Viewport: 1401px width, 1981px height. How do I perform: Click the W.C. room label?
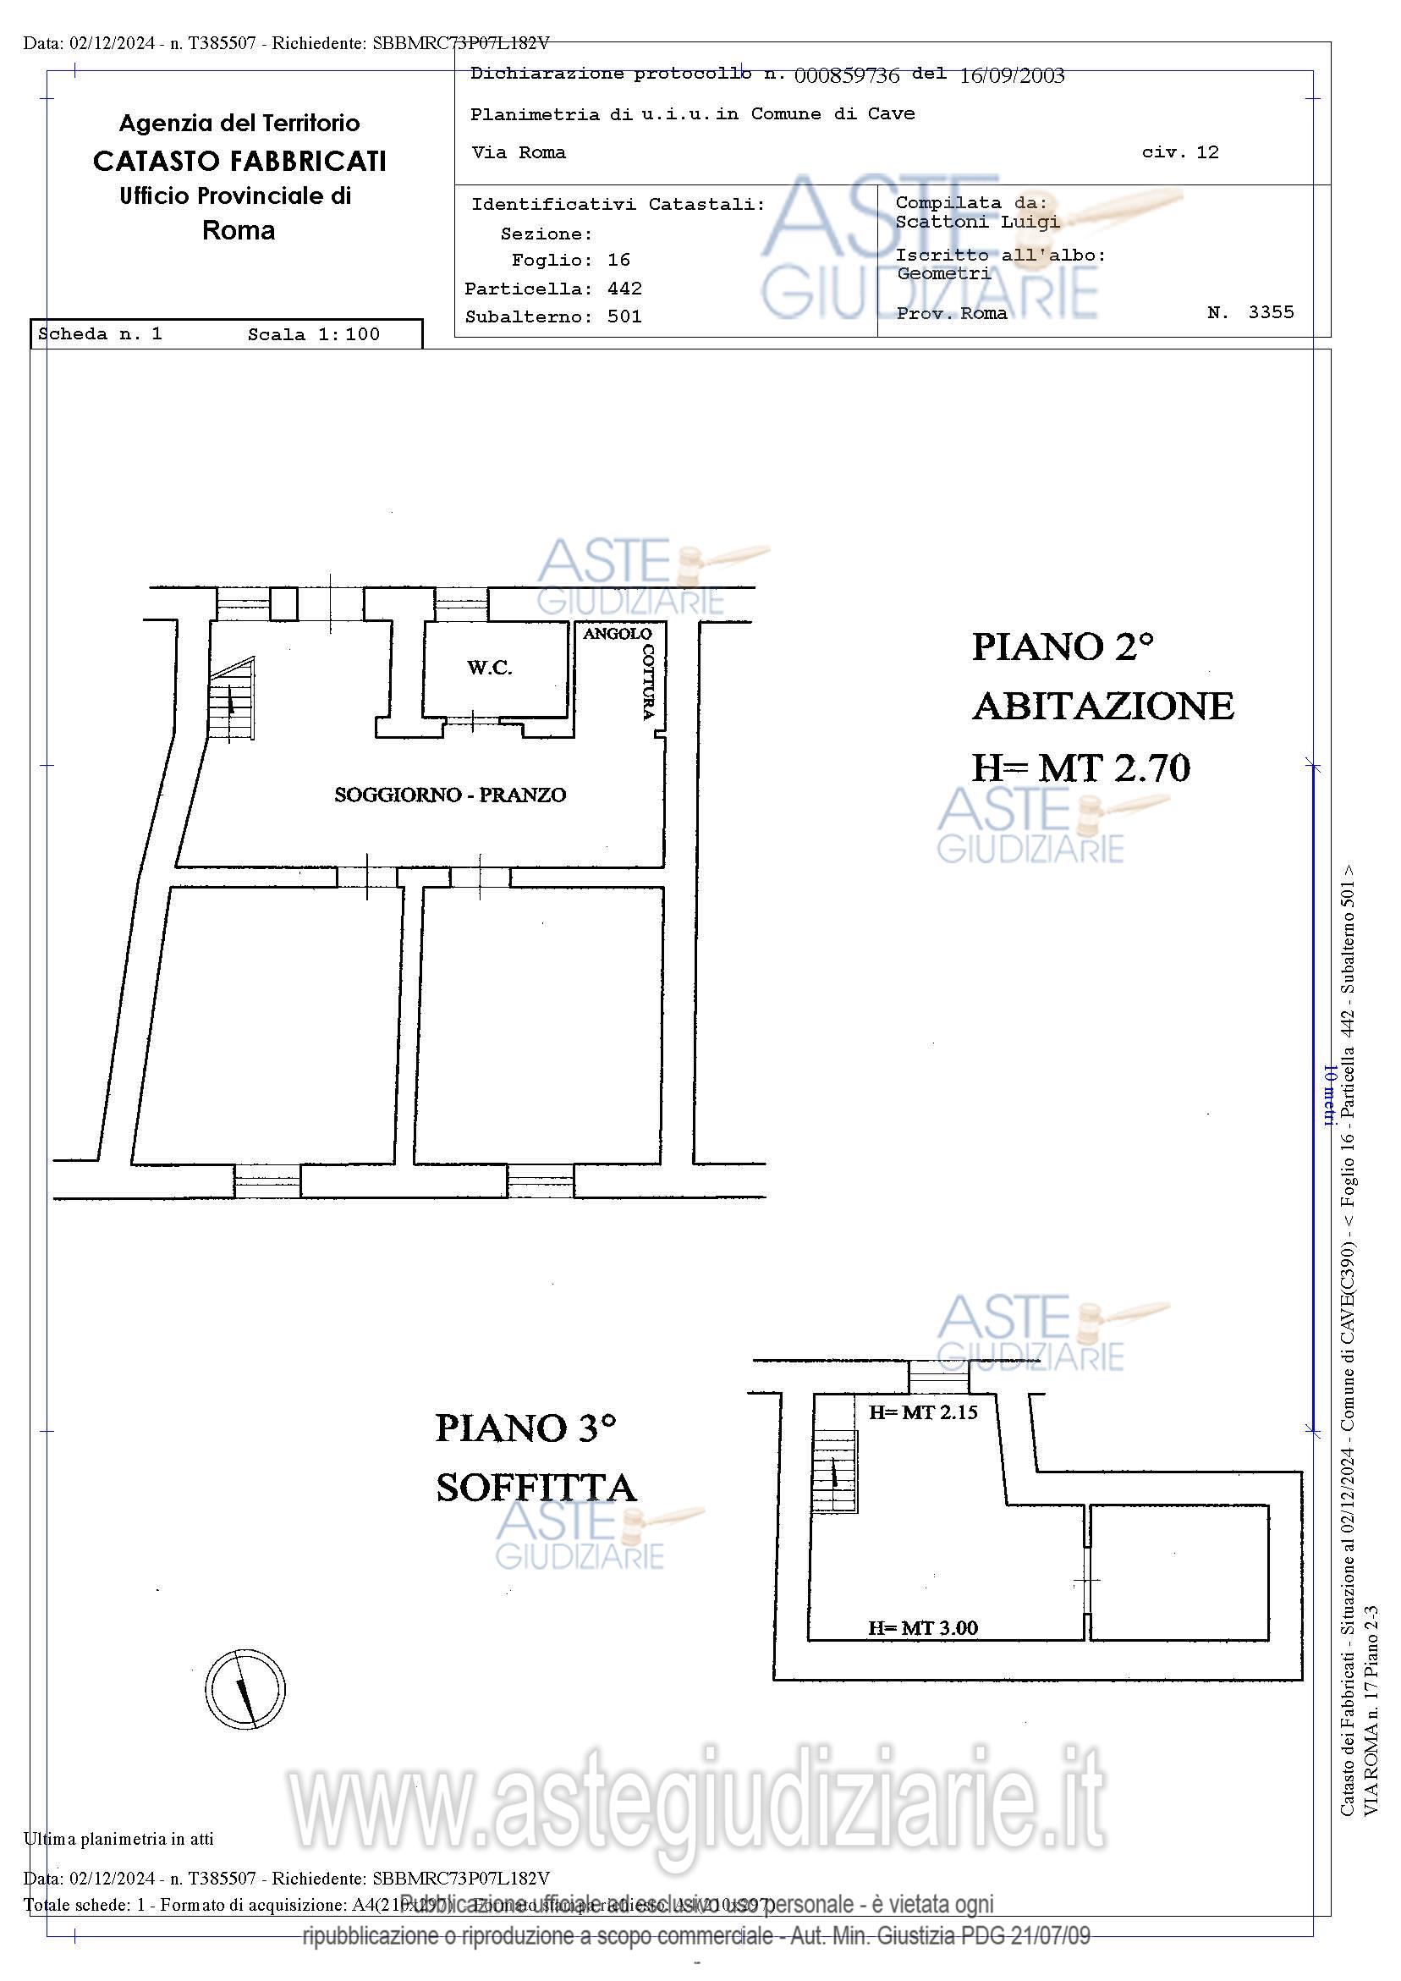point(489,668)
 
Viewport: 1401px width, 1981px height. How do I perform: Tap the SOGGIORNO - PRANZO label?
point(449,795)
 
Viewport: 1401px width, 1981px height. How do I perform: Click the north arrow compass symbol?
point(245,1689)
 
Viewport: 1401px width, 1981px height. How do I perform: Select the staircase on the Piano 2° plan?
point(232,700)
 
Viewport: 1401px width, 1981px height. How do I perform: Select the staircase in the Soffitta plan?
point(834,1470)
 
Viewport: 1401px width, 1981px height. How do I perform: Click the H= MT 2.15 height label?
point(922,1412)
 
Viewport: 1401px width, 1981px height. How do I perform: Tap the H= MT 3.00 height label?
point(922,1628)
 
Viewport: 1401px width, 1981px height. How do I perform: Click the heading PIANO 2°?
point(1062,647)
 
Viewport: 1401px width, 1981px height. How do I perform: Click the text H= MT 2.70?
point(1081,767)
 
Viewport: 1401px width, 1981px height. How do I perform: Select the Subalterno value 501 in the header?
point(624,316)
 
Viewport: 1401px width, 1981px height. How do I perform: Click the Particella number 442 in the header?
point(624,289)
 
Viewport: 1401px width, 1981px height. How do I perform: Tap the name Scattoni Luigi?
point(976,222)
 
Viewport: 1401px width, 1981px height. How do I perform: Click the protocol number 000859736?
point(846,76)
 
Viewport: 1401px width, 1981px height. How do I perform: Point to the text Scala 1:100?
point(313,335)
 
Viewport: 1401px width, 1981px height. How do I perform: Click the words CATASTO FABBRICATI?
point(239,162)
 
